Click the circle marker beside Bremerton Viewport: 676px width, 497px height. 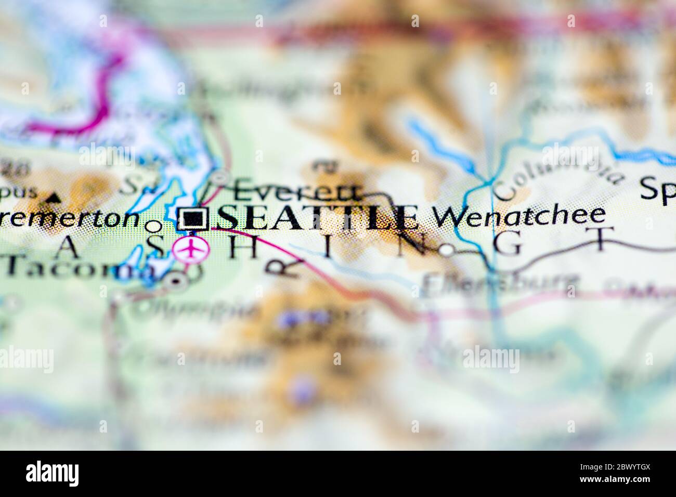(153, 226)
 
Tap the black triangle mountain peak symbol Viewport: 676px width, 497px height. (52, 197)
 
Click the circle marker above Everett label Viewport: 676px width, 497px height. (220, 177)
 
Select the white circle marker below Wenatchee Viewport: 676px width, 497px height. (447, 250)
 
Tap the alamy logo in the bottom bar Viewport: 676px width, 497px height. (53, 473)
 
